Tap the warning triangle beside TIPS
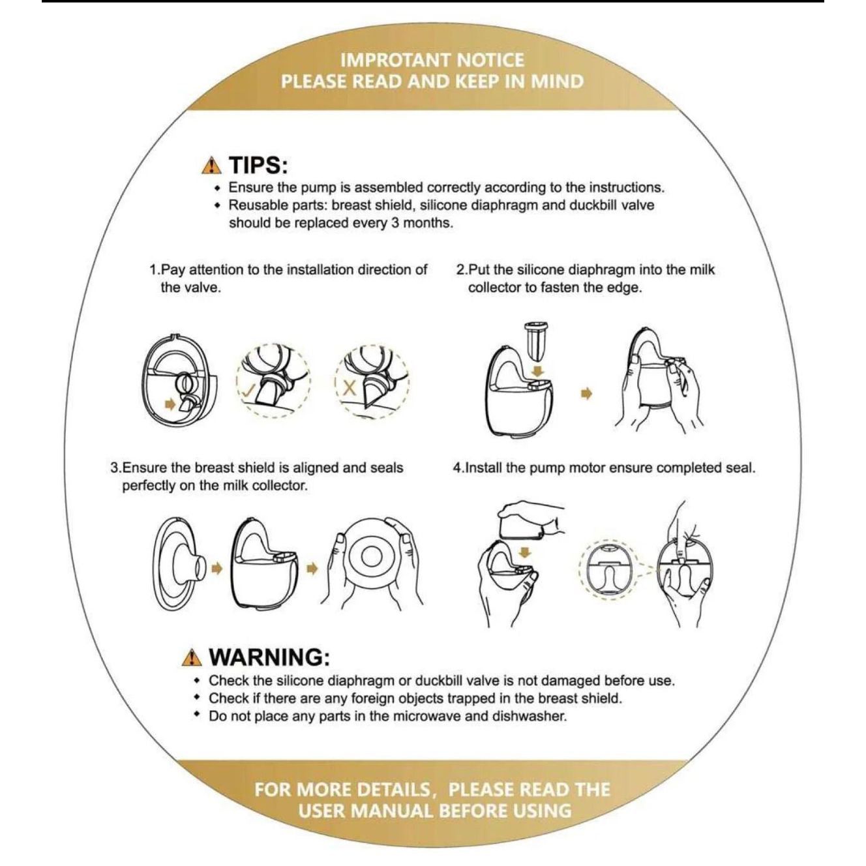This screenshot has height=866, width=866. coord(212,166)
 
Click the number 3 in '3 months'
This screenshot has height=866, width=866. coord(395,223)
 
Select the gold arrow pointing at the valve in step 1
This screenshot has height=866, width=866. coord(170,404)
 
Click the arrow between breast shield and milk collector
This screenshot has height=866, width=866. coord(218,569)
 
